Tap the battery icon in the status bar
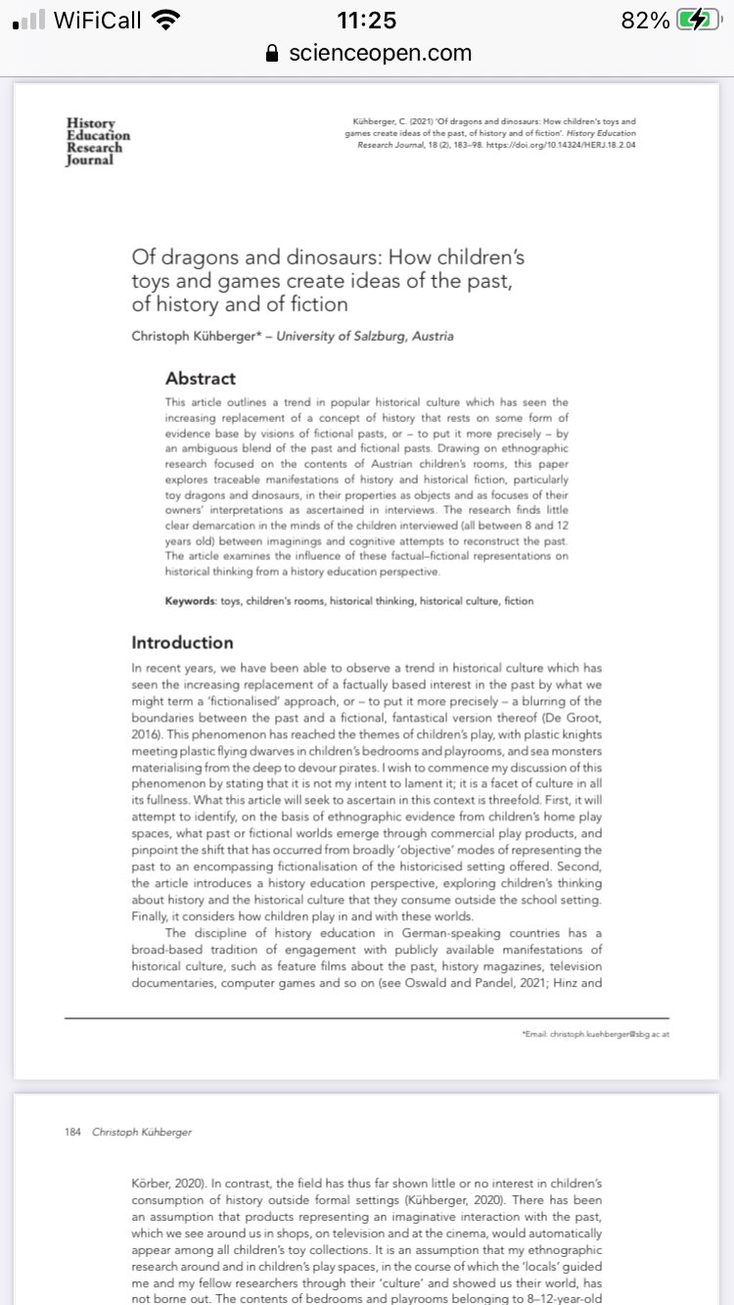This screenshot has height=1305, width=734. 698,21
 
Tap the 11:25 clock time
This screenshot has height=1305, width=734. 367,21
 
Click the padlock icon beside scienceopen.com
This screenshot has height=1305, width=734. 273,54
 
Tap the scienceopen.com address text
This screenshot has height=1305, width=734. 380,53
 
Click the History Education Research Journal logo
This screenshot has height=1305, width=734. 97,142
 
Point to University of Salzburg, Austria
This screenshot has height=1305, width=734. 365,336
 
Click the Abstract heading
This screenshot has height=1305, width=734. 200,378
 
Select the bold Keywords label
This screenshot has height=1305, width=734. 189,600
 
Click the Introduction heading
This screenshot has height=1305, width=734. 182,642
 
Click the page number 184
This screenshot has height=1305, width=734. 72,1132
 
